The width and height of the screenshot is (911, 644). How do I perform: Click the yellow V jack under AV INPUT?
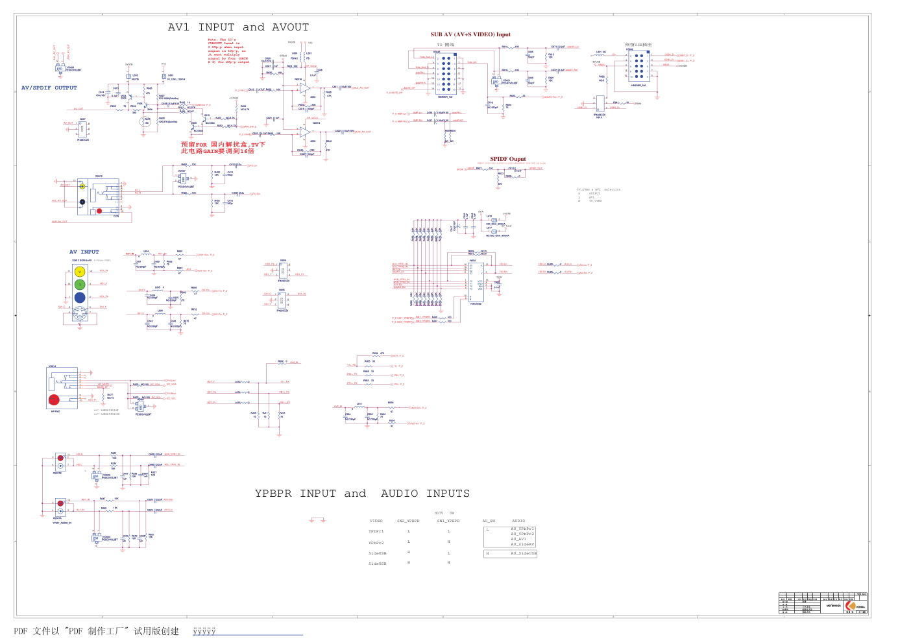pos(80,272)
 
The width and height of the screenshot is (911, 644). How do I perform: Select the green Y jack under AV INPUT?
pos(80,285)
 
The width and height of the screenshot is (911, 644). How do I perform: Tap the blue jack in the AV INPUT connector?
pos(80,298)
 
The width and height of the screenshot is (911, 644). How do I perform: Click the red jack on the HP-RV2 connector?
pos(55,400)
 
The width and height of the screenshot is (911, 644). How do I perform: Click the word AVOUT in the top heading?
pos(290,27)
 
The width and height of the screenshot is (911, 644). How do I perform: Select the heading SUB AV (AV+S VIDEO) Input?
pos(470,34)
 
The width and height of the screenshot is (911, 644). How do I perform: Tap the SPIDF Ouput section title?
pos(508,159)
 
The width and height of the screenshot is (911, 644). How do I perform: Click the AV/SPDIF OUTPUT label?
pos(49,88)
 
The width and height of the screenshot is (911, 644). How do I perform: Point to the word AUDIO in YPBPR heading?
pos(400,494)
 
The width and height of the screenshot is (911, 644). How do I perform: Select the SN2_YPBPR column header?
pos(408,521)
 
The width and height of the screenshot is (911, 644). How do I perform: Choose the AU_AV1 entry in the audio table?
pos(518,539)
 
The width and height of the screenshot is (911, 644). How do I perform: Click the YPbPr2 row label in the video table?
pos(376,543)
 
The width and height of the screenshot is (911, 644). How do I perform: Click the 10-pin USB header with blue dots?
pos(639,66)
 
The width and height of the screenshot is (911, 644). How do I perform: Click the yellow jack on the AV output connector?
pos(82,187)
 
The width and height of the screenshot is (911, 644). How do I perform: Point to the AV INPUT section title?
pos(84,252)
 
